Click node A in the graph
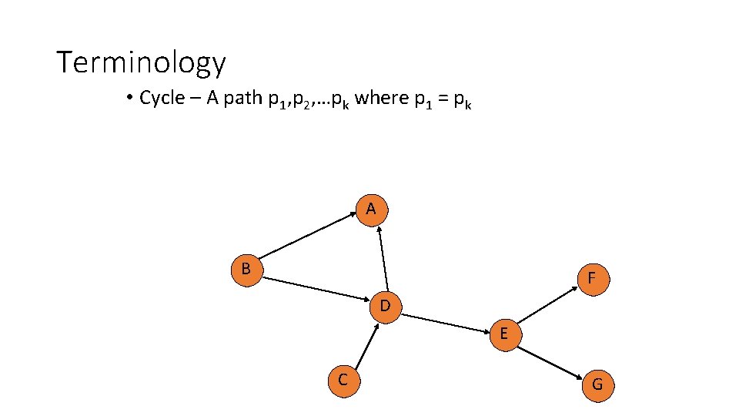point(372,210)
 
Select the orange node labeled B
point(247,270)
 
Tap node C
point(342,380)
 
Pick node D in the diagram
point(386,307)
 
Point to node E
point(504,334)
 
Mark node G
point(597,384)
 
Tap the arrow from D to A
point(381,258)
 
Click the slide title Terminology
point(141,62)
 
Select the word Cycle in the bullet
point(162,99)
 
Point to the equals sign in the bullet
point(437,99)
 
